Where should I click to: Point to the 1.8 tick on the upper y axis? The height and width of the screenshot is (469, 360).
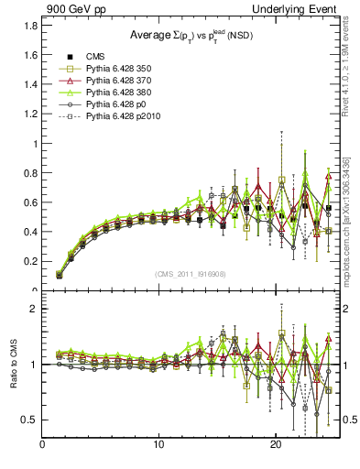(30, 26)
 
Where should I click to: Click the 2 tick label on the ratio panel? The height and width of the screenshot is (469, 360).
(34, 309)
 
